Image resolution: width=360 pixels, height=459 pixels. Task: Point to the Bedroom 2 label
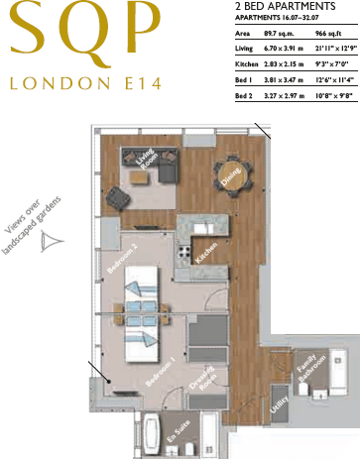click(x=121, y=259)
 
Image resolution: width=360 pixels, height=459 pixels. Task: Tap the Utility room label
click(x=281, y=403)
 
